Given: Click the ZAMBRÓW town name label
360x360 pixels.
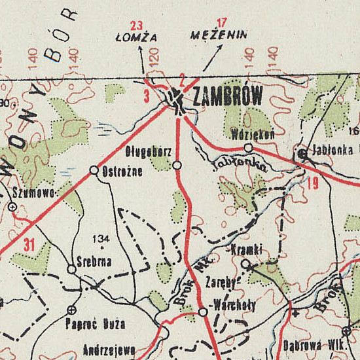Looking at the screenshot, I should (228, 97).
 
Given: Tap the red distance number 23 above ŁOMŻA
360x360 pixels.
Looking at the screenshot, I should (136, 26).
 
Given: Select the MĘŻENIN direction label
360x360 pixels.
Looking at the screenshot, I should (219, 35).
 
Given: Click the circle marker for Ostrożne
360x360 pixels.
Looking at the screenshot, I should (94, 170).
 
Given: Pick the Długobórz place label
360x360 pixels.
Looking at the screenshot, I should (149, 152).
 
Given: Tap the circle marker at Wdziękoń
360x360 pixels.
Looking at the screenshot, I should (248, 148).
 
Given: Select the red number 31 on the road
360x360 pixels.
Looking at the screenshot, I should (27, 246).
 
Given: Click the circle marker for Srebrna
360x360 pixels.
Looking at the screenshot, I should (71, 269).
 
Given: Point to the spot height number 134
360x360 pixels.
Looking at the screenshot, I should (101, 238).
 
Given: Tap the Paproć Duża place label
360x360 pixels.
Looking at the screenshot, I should (95, 324).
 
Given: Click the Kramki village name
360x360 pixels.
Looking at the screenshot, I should (247, 250).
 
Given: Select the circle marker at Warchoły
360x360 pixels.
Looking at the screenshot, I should (203, 312).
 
